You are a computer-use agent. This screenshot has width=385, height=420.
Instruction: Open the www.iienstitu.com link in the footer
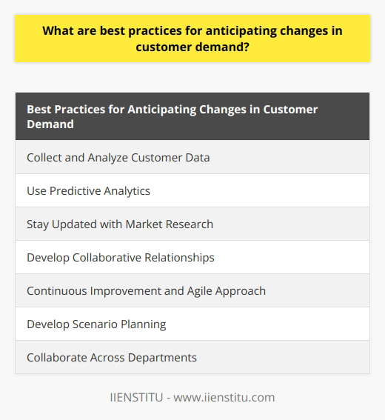click(226, 398)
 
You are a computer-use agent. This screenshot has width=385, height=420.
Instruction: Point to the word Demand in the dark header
click(50, 124)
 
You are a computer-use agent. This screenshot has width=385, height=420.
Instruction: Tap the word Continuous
click(59, 290)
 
